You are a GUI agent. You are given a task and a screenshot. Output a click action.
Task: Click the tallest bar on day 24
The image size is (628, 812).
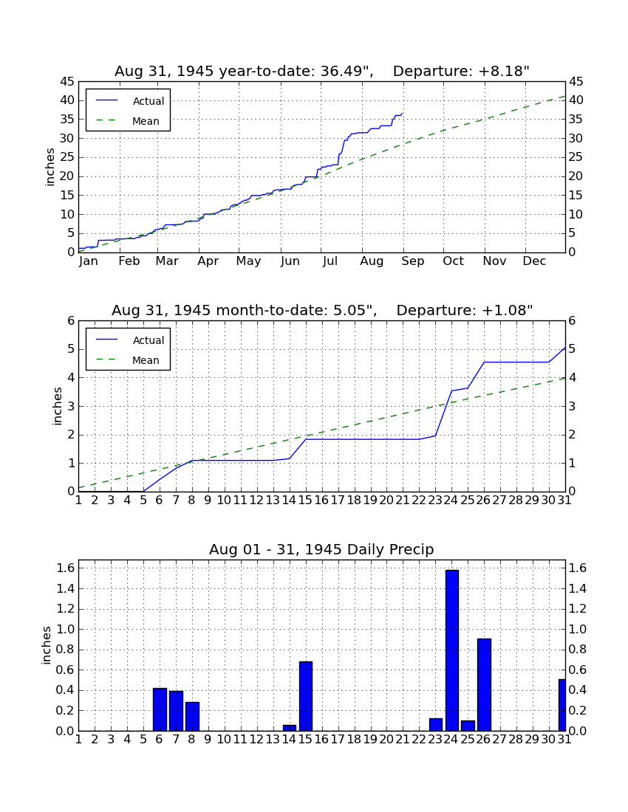(452, 650)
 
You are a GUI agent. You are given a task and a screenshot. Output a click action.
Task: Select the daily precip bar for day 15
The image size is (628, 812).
(306, 696)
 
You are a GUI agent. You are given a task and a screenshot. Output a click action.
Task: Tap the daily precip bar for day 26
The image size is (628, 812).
(484, 684)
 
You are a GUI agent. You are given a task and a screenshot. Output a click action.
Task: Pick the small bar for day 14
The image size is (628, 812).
(290, 728)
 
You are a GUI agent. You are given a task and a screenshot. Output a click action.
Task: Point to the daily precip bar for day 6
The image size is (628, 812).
(160, 709)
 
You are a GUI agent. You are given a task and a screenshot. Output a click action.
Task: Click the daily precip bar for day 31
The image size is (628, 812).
(562, 705)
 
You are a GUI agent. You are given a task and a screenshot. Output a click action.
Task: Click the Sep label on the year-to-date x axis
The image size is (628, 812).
(412, 261)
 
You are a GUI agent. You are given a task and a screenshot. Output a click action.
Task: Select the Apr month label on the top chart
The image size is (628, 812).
(208, 261)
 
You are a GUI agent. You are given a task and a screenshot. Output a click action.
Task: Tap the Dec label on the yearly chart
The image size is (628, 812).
(534, 261)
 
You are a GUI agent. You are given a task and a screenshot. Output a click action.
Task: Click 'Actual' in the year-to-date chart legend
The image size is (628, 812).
(149, 101)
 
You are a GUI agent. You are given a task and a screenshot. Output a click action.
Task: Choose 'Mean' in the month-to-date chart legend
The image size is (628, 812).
(146, 360)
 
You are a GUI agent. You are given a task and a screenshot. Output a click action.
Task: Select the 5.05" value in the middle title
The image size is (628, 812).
(355, 310)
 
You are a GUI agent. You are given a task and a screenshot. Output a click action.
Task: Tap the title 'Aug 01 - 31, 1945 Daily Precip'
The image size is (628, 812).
(321, 549)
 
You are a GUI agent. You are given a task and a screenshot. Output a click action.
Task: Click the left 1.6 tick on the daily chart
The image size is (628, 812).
(66, 568)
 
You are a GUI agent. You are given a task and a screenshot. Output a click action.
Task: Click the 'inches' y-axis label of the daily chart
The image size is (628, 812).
(47, 645)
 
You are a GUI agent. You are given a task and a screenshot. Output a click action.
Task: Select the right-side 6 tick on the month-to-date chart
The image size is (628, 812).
(572, 320)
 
